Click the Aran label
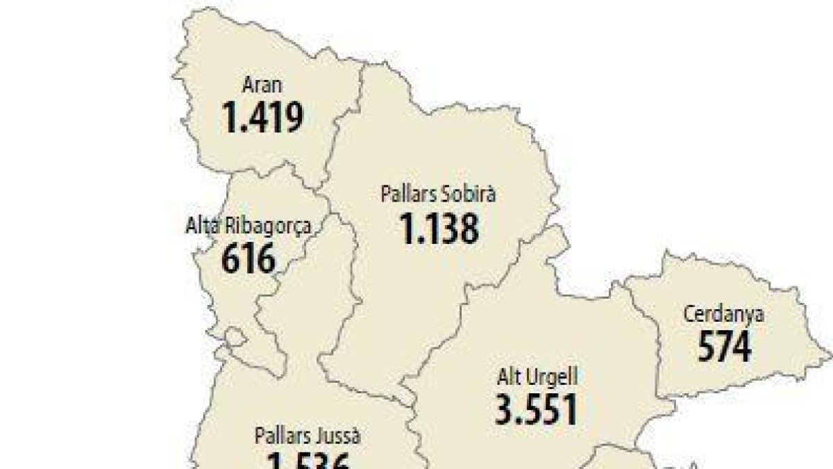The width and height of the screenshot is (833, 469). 262,86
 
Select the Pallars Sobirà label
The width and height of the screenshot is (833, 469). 438,194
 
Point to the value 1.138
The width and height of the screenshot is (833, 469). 439,227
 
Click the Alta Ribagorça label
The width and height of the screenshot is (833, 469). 248,227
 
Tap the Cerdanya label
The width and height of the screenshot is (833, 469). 724,314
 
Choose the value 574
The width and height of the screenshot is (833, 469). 724,345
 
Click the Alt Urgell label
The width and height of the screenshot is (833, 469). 537,377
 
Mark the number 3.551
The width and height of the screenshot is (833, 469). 537,409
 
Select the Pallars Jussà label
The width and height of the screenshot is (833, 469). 308,436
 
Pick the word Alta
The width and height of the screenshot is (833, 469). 199,227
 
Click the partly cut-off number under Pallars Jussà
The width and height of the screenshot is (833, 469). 308,461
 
